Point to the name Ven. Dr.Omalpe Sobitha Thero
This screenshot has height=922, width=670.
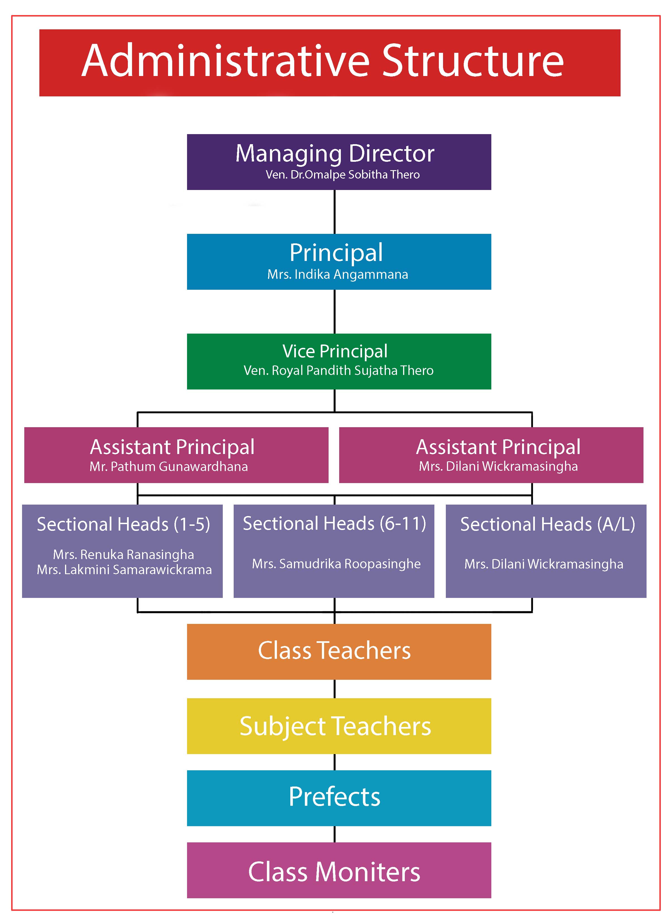(x=343, y=175)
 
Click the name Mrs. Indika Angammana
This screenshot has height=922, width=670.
(x=338, y=274)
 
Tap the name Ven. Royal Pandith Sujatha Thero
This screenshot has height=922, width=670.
(x=338, y=370)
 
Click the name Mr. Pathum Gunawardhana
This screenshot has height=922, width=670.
(x=169, y=466)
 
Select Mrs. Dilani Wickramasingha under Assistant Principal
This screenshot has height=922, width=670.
(x=498, y=466)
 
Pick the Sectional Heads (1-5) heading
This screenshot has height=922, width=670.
(x=123, y=524)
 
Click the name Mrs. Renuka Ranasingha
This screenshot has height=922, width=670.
(x=123, y=555)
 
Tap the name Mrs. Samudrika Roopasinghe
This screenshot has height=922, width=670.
(x=336, y=564)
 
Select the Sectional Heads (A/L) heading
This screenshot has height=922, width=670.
(x=548, y=524)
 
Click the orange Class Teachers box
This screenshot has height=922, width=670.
(x=339, y=652)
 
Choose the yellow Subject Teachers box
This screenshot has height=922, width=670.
(x=339, y=726)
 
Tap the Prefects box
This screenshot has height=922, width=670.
(x=339, y=798)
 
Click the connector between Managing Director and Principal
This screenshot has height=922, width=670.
(x=334, y=212)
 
